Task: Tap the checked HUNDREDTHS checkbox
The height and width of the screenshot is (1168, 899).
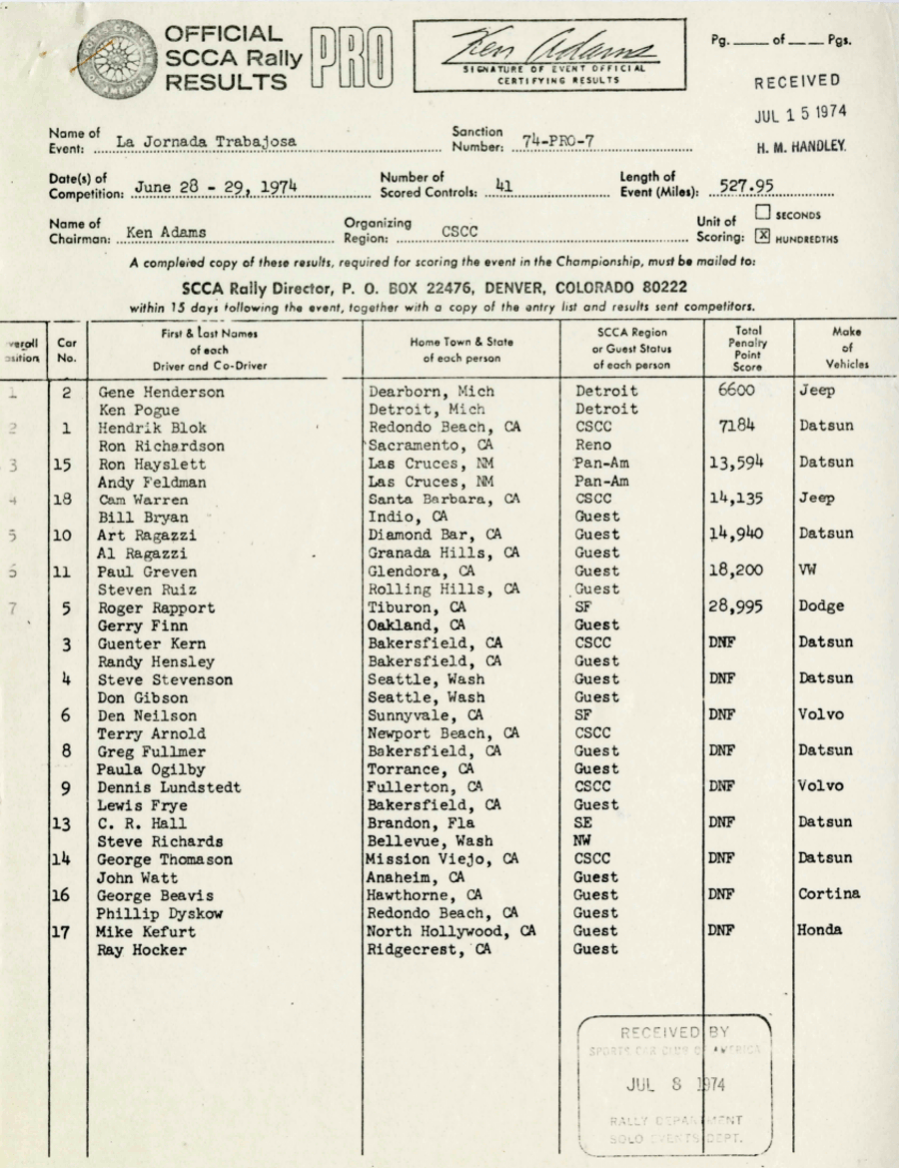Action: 763,237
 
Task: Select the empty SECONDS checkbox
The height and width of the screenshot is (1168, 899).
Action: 763,213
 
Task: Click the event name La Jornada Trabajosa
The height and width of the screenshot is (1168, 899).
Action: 207,142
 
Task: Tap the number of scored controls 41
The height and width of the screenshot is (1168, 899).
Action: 503,185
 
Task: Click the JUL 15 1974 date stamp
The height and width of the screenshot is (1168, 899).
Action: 799,115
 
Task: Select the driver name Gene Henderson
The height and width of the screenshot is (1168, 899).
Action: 161,392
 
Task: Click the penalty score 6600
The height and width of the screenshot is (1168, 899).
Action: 736,390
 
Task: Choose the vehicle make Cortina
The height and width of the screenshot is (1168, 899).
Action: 829,893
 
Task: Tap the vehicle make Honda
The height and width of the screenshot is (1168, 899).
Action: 820,929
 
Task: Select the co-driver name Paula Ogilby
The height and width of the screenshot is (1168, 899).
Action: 152,769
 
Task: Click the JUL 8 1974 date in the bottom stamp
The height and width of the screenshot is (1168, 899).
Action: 676,1084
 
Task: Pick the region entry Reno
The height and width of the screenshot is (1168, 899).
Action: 593,446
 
